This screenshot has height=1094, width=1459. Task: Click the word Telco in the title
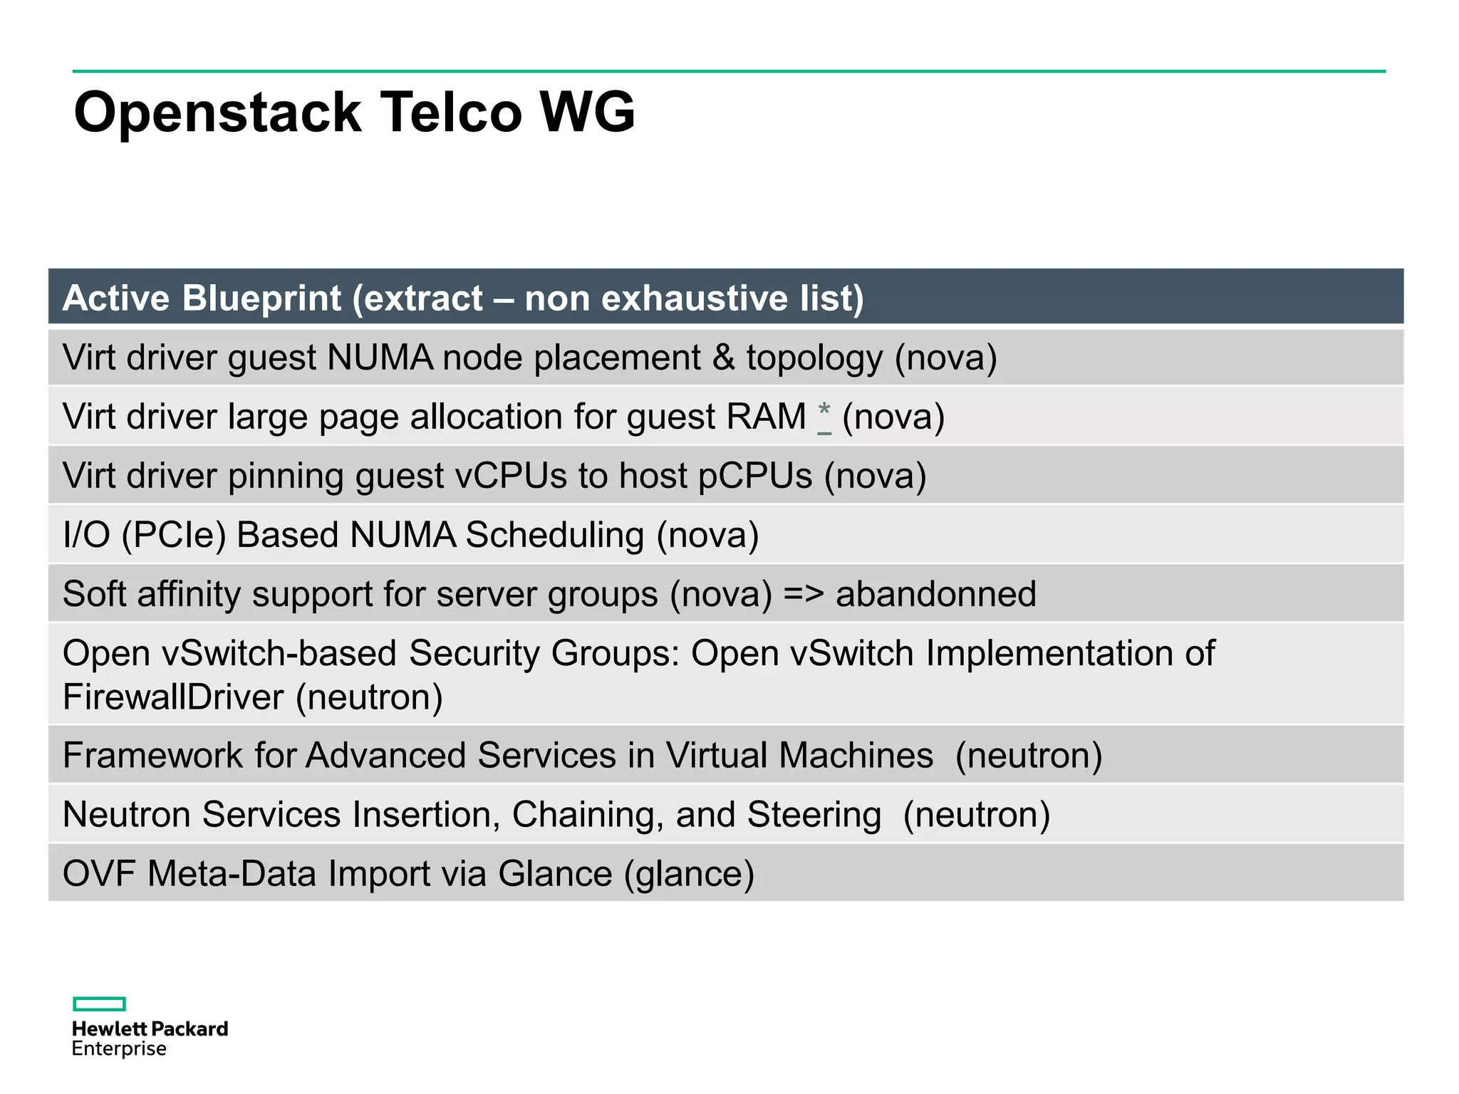(451, 113)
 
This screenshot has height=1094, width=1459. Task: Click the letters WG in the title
(587, 113)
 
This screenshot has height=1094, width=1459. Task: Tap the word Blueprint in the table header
(261, 298)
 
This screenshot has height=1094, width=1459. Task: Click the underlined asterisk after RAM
(824, 417)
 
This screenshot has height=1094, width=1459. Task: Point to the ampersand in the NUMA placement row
(723, 358)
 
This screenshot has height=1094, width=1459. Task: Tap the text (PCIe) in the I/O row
(174, 535)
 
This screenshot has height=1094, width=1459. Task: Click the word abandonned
(935, 594)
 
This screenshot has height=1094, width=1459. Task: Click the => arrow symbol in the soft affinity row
(803, 594)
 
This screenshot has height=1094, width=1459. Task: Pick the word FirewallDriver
(173, 697)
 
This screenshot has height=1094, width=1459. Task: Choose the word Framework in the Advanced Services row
(152, 755)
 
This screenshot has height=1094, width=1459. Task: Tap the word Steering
(814, 814)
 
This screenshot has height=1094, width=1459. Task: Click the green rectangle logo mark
(99, 1004)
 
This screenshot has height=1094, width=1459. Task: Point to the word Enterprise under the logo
(119, 1048)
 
